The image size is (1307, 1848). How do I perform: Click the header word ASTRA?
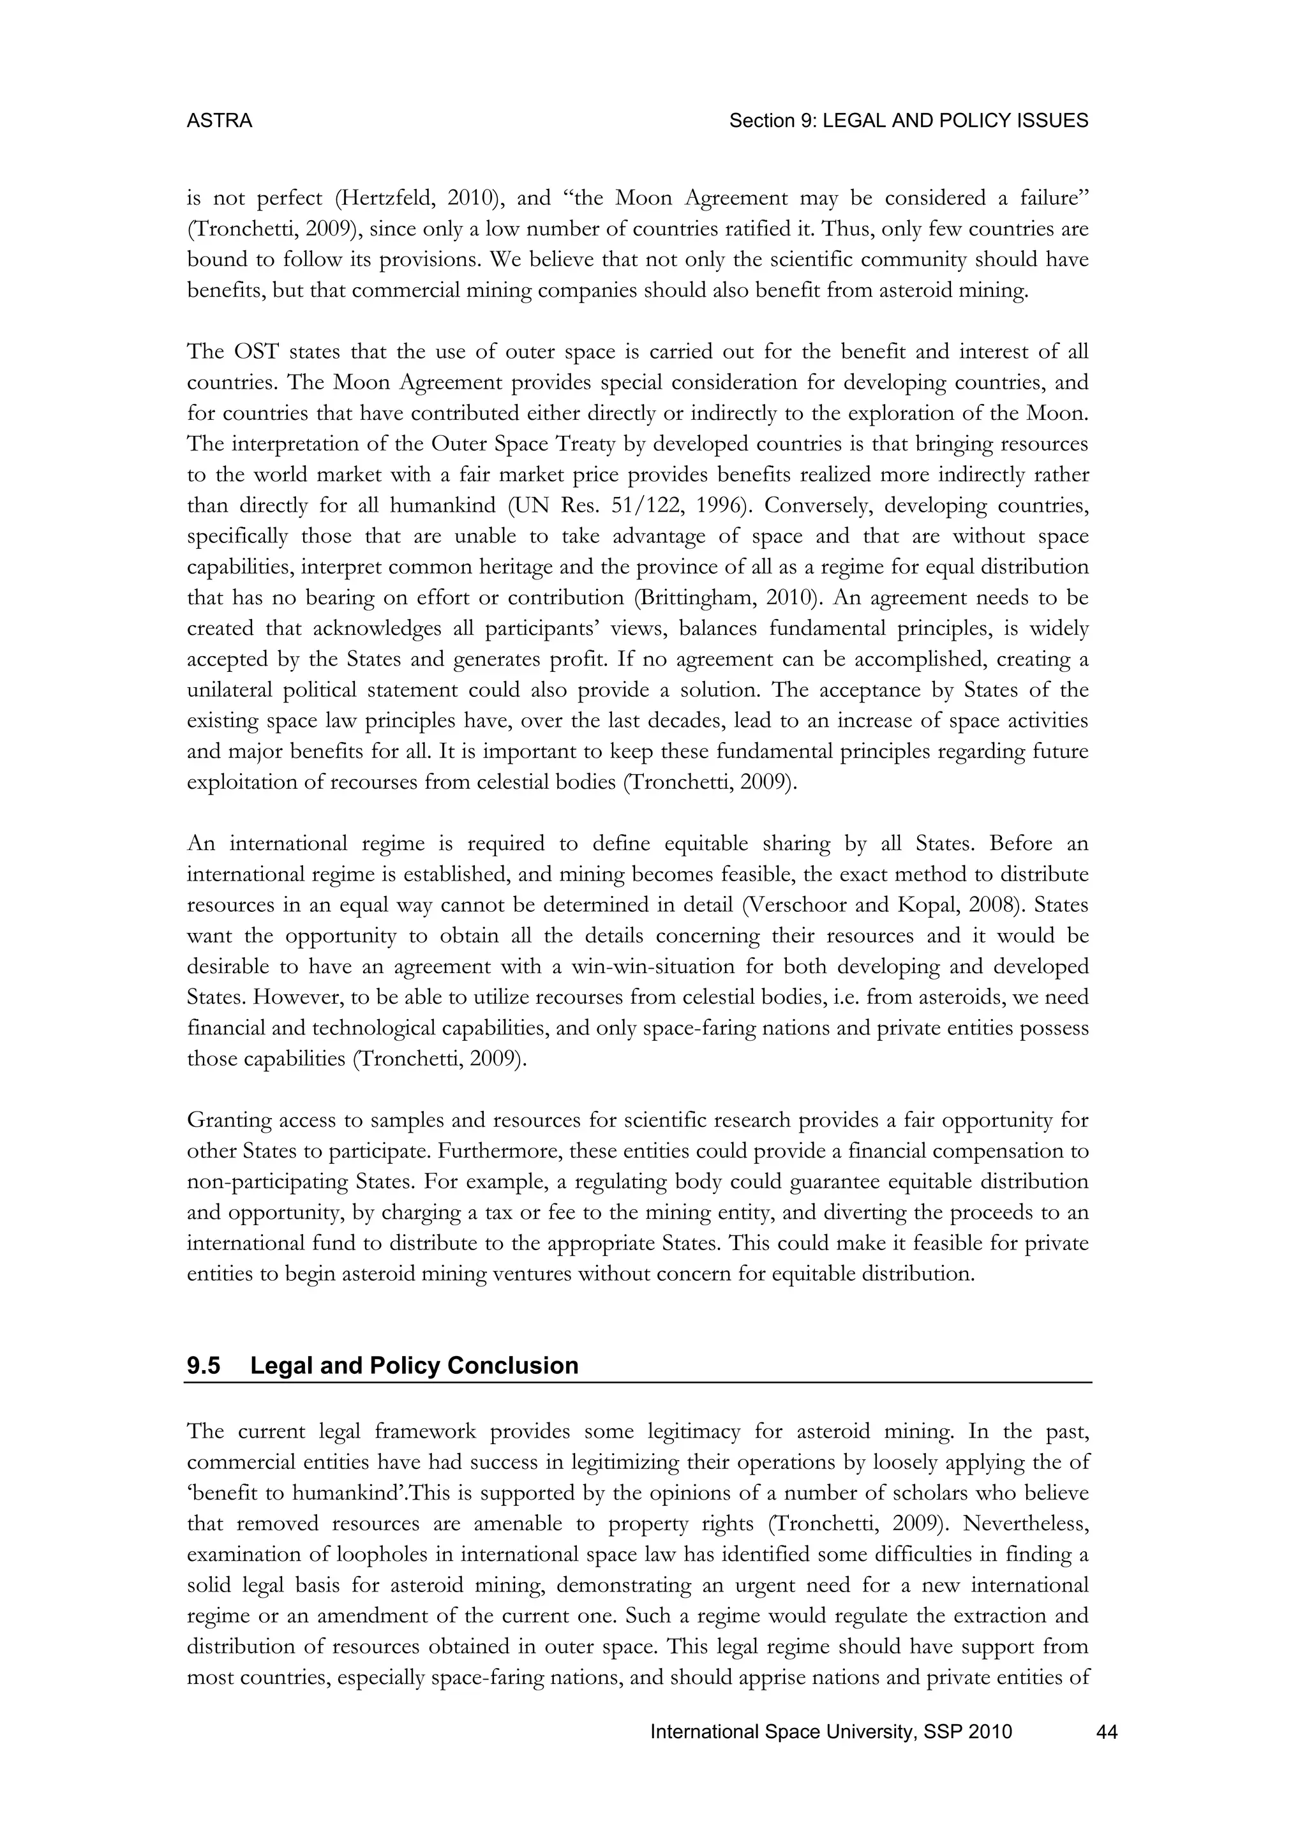pyautogui.click(x=219, y=121)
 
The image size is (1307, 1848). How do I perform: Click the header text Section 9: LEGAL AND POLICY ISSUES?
pyautogui.click(x=908, y=121)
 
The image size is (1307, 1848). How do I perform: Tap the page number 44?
pyautogui.click(x=1107, y=1732)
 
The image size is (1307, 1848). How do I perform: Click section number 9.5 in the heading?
pyautogui.click(x=204, y=1365)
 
